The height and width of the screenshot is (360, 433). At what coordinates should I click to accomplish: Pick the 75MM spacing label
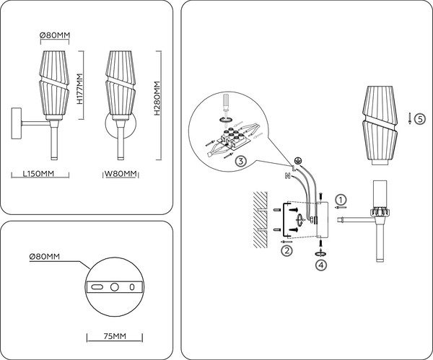tap(114, 337)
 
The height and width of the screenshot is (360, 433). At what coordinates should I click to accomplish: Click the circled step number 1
tap(343, 198)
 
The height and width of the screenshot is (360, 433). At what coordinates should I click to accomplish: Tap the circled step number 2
tap(287, 250)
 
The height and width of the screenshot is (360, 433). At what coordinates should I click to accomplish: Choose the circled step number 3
tap(240, 162)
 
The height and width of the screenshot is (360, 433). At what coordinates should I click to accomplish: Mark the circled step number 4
tap(320, 264)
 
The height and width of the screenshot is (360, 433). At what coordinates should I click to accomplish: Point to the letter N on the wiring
tap(289, 175)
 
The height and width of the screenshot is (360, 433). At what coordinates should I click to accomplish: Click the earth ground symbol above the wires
tap(297, 161)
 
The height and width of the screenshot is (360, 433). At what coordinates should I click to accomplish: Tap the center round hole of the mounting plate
tap(113, 286)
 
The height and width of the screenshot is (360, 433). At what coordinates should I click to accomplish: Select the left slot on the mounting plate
tap(95, 286)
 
